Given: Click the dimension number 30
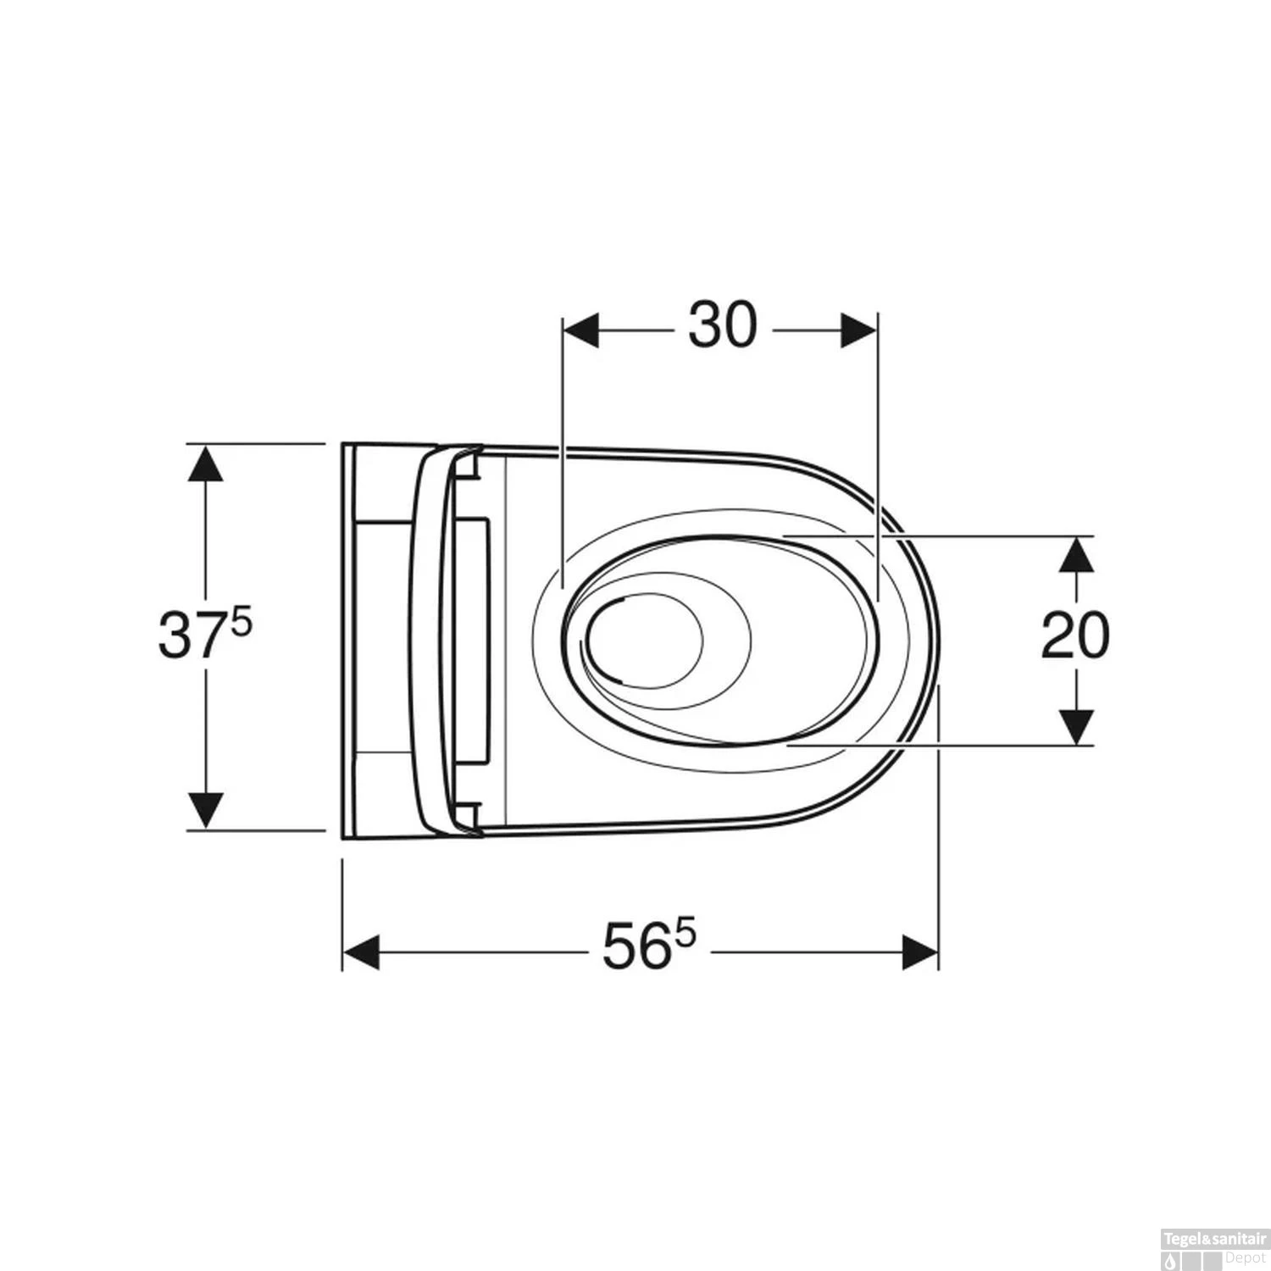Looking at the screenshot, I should tap(722, 327).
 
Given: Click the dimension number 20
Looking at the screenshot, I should tap(1074, 636).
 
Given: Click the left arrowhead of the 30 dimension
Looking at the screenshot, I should tap(581, 330).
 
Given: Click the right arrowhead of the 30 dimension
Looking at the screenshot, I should tap(858, 330).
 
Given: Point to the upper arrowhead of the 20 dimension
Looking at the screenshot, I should tap(1075, 555).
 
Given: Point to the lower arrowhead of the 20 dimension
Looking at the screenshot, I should tap(1075, 727).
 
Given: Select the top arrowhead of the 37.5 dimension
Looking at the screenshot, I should tap(204, 463).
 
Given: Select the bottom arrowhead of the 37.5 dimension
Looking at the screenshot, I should tap(204, 810).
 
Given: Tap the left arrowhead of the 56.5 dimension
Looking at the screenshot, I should tap(361, 952).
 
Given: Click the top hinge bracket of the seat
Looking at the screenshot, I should tap(466, 463).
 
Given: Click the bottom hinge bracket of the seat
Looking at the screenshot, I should tap(466, 815).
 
